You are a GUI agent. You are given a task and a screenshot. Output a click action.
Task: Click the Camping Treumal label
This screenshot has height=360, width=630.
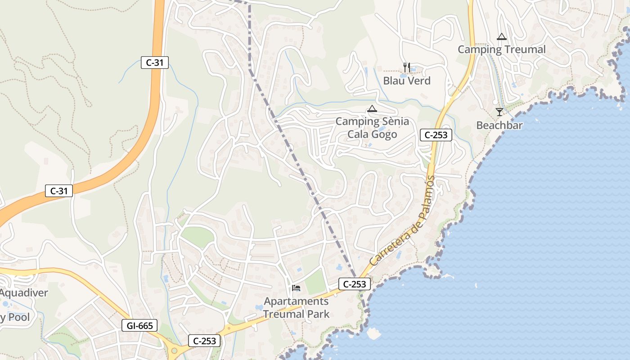(x=501, y=49)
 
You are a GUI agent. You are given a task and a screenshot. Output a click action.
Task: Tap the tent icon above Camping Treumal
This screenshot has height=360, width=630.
(x=501, y=36)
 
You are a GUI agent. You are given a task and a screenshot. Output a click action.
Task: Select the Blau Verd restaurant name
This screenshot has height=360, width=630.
(x=407, y=81)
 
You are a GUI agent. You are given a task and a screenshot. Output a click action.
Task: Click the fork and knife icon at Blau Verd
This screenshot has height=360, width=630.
(x=407, y=67)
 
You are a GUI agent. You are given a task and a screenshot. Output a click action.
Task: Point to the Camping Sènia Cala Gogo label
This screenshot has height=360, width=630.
(x=372, y=128)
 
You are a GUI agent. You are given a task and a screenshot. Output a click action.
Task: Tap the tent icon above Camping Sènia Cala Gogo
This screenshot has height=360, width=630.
(x=372, y=108)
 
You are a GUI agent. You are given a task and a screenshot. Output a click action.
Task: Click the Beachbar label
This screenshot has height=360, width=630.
(x=499, y=125)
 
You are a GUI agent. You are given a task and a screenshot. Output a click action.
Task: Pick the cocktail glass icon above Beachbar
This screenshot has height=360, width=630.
(x=499, y=112)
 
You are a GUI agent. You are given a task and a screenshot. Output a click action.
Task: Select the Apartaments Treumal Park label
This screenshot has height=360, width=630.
(x=296, y=308)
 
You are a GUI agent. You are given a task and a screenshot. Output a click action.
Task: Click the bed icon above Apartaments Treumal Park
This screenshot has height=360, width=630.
(x=296, y=288)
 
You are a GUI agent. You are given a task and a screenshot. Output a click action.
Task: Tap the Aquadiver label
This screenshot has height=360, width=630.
(x=23, y=293)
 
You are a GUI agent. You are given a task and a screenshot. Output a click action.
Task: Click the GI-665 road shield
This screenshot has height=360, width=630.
(x=139, y=325)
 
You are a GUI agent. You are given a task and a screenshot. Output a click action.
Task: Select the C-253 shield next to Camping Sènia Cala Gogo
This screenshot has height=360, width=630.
(x=436, y=135)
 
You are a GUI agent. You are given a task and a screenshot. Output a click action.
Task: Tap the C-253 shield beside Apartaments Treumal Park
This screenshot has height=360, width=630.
(x=354, y=284)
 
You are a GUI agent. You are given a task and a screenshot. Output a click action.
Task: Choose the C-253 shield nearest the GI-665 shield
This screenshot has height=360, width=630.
(x=204, y=341)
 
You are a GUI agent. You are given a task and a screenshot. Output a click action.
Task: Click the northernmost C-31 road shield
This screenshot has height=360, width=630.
(x=155, y=63)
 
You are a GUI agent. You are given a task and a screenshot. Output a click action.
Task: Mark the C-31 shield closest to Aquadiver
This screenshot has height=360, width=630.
(x=59, y=191)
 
